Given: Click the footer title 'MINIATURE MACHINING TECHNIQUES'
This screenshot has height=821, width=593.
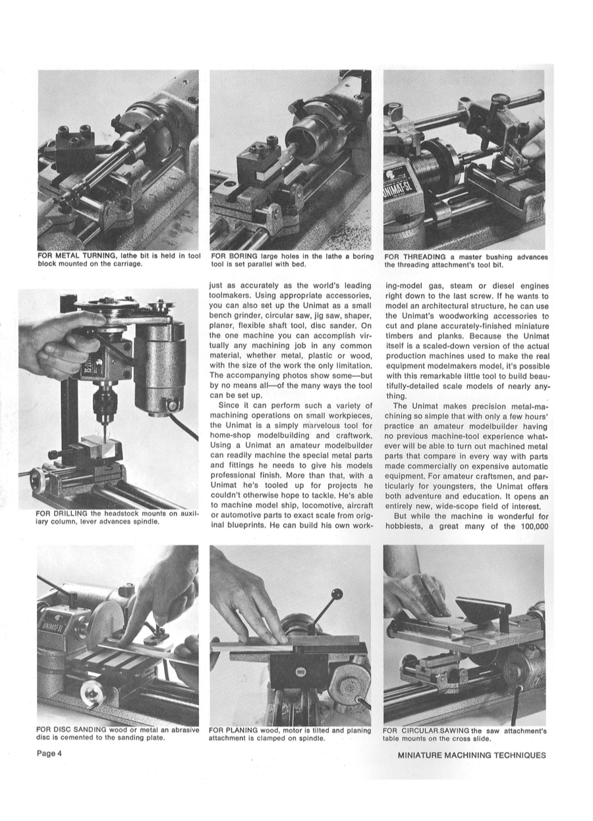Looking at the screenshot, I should (x=472, y=755).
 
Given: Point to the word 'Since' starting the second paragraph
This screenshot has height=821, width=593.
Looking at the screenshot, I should (x=229, y=405).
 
